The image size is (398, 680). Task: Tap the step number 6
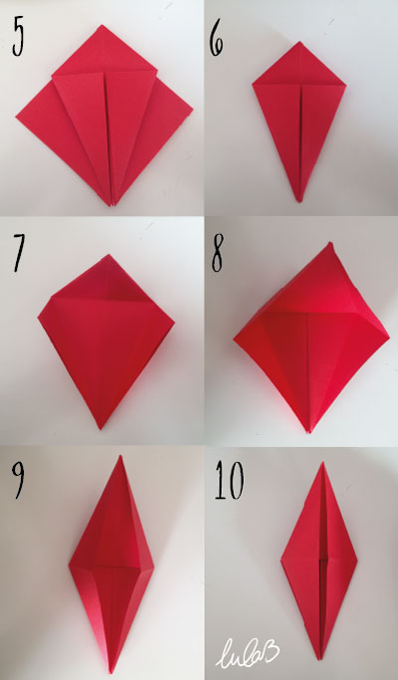pos(216,42)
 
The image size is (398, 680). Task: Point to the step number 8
pos(218,256)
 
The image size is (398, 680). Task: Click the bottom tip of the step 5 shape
pos(111,205)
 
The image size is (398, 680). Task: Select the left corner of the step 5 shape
pos(17,116)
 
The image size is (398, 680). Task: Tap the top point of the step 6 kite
pos(299,42)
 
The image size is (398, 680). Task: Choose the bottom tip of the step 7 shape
pos(100,428)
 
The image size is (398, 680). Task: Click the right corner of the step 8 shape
pos(388,336)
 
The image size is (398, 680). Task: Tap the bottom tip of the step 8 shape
pos(308,432)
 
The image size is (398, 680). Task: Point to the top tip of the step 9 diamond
pos(120,456)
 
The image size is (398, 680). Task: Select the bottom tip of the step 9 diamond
pos(111,671)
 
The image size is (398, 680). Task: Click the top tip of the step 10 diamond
pos(322,463)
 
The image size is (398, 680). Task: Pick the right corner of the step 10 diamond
pos(357,560)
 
